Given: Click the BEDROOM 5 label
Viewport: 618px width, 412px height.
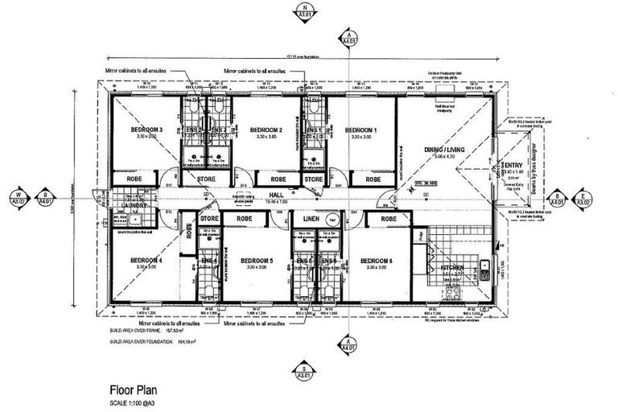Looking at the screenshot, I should (261, 261).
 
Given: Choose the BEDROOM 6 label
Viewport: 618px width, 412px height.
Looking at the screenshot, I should (377, 261).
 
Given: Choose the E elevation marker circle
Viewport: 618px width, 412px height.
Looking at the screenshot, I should (582, 196).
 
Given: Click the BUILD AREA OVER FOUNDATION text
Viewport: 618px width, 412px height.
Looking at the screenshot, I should (146, 340).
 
